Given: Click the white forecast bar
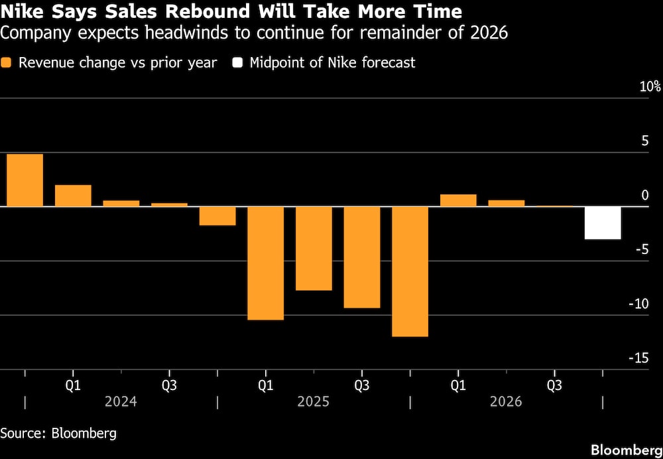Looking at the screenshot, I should point(603,223).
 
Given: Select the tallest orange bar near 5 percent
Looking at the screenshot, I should point(25,180).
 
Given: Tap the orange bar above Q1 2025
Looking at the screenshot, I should point(265,263).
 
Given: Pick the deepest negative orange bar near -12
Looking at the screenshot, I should point(410,271).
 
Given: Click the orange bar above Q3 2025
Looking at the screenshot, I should point(361,257).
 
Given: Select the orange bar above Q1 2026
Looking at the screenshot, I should point(458,200).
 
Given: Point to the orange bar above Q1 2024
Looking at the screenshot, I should point(73,196).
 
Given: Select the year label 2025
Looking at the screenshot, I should point(313,402).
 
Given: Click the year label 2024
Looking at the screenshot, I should point(121,402).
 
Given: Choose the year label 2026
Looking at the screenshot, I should point(506,402).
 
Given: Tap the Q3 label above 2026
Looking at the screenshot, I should point(554,385).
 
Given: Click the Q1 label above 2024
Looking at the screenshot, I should point(73,385).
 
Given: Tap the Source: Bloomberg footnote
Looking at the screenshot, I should point(58,433).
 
